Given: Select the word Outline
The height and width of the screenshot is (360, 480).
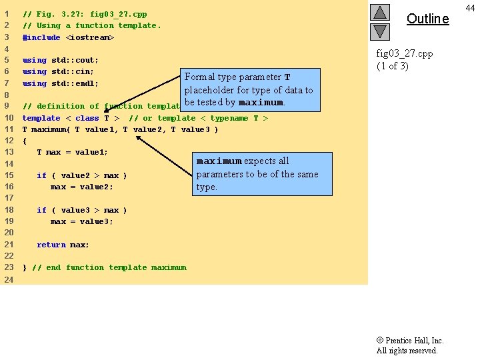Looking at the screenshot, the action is (x=427, y=19).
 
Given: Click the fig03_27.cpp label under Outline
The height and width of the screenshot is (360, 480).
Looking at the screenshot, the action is (x=405, y=53).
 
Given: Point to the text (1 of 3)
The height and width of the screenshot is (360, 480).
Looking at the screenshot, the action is (x=393, y=65).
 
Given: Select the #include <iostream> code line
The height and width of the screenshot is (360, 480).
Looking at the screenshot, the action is (x=69, y=37).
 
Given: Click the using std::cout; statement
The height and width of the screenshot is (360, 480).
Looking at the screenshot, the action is (x=61, y=60).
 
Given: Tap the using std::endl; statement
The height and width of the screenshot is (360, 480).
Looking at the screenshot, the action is (x=61, y=83).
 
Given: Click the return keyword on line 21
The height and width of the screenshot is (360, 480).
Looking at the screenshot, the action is (x=51, y=245).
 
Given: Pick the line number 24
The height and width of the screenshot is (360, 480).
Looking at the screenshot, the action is (x=9, y=279).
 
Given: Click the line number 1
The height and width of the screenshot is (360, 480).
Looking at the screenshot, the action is (x=7, y=13).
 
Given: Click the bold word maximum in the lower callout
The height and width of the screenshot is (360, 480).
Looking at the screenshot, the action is (x=218, y=161).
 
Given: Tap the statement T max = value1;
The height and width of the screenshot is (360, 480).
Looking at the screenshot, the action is (x=72, y=152).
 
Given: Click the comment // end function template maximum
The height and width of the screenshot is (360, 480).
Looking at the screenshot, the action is (x=109, y=267).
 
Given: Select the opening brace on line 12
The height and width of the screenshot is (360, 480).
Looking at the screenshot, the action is (x=25, y=141).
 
